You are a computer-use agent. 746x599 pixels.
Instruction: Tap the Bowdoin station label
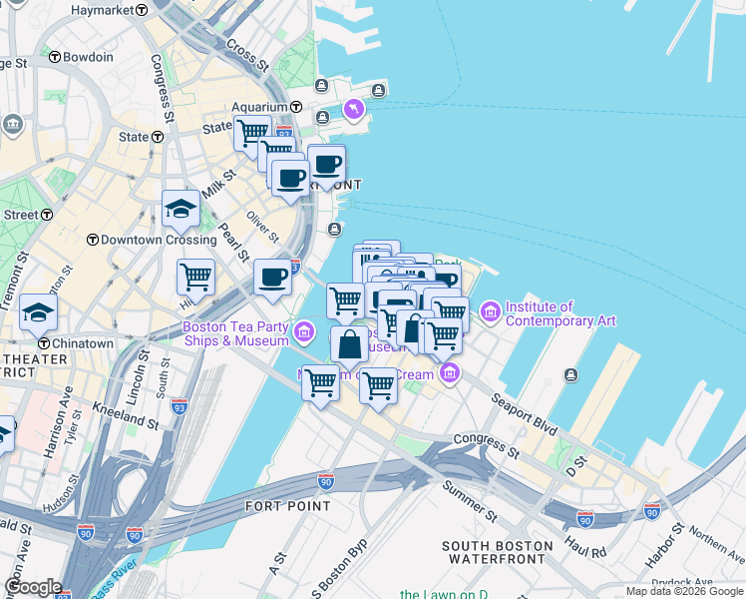[88, 57]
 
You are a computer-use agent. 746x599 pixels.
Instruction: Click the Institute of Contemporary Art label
[559, 313]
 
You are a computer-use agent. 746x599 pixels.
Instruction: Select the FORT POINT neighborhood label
[288, 506]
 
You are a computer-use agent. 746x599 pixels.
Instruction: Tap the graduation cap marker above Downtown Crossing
[181, 210]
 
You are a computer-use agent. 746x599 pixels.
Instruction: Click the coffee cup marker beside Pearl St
[272, 279]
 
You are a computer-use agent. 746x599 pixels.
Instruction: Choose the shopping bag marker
[350, 345]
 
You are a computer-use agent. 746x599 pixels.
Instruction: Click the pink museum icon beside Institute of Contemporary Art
[490, 312]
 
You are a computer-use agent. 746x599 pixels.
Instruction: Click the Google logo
[33, 587]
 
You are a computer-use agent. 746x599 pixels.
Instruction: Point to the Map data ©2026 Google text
[683, 591]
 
